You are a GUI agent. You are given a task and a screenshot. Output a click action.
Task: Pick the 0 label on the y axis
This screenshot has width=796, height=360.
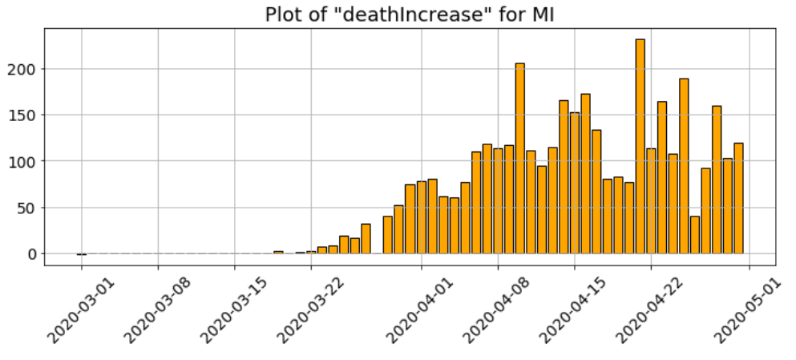31,254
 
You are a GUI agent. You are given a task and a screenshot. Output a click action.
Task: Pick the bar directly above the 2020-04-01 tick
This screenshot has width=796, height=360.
421,217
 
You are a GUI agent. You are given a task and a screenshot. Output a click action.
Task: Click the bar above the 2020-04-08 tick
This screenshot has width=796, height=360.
498,201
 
